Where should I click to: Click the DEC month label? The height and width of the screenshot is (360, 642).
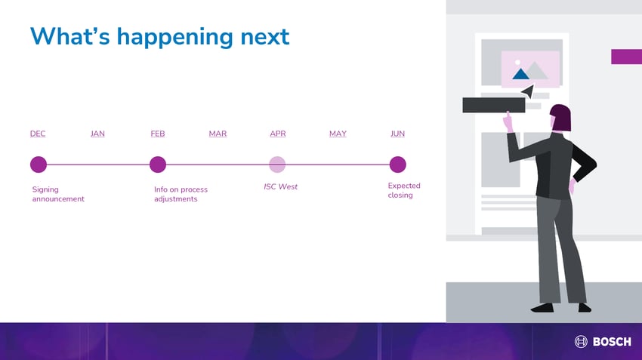(x=38, y=134)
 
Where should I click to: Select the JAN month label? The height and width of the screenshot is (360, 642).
(x=97, y=134)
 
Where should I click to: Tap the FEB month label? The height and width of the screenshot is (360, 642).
(x=158, y=134)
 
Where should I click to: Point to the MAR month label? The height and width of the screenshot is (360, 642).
(x=218, y=134)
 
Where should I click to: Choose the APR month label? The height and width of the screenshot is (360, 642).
(x=278, y=134)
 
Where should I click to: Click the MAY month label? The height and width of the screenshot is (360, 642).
(x=338, y=134)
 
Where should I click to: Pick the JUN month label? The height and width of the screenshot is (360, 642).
(x=397, y=134)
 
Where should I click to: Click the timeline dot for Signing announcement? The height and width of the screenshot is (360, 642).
(x=39, y=165)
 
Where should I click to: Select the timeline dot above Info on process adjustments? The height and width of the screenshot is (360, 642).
(x=158, y=165)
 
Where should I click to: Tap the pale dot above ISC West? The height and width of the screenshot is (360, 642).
(x=277, y=165)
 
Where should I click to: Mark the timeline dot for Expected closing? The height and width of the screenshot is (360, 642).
(x=397, y=165)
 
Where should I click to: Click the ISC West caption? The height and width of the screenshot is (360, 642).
(x=280, y=186)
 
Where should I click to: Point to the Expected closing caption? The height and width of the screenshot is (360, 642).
(x=404, y=190)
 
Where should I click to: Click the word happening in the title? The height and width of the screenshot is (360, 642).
(x=175, y=37)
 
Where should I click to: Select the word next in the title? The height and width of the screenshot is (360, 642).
(x=265, y=38)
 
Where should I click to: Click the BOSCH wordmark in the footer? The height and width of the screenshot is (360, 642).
(x=612, y=342)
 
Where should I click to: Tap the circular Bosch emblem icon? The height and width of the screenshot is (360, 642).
(x=581, y=341)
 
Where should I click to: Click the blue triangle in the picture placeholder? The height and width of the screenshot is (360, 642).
(x=521, y=74)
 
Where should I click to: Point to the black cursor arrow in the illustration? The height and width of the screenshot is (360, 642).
(x=529, y=91)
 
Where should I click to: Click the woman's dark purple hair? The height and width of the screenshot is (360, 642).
(x=561, y=117)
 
